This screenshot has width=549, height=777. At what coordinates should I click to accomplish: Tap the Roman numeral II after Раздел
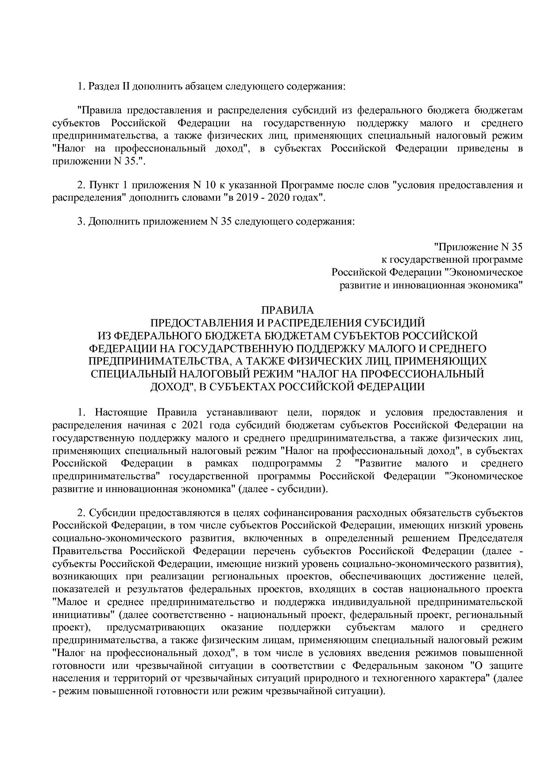[125, 86]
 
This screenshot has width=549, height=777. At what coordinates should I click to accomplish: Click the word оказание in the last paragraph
[241, 628]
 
